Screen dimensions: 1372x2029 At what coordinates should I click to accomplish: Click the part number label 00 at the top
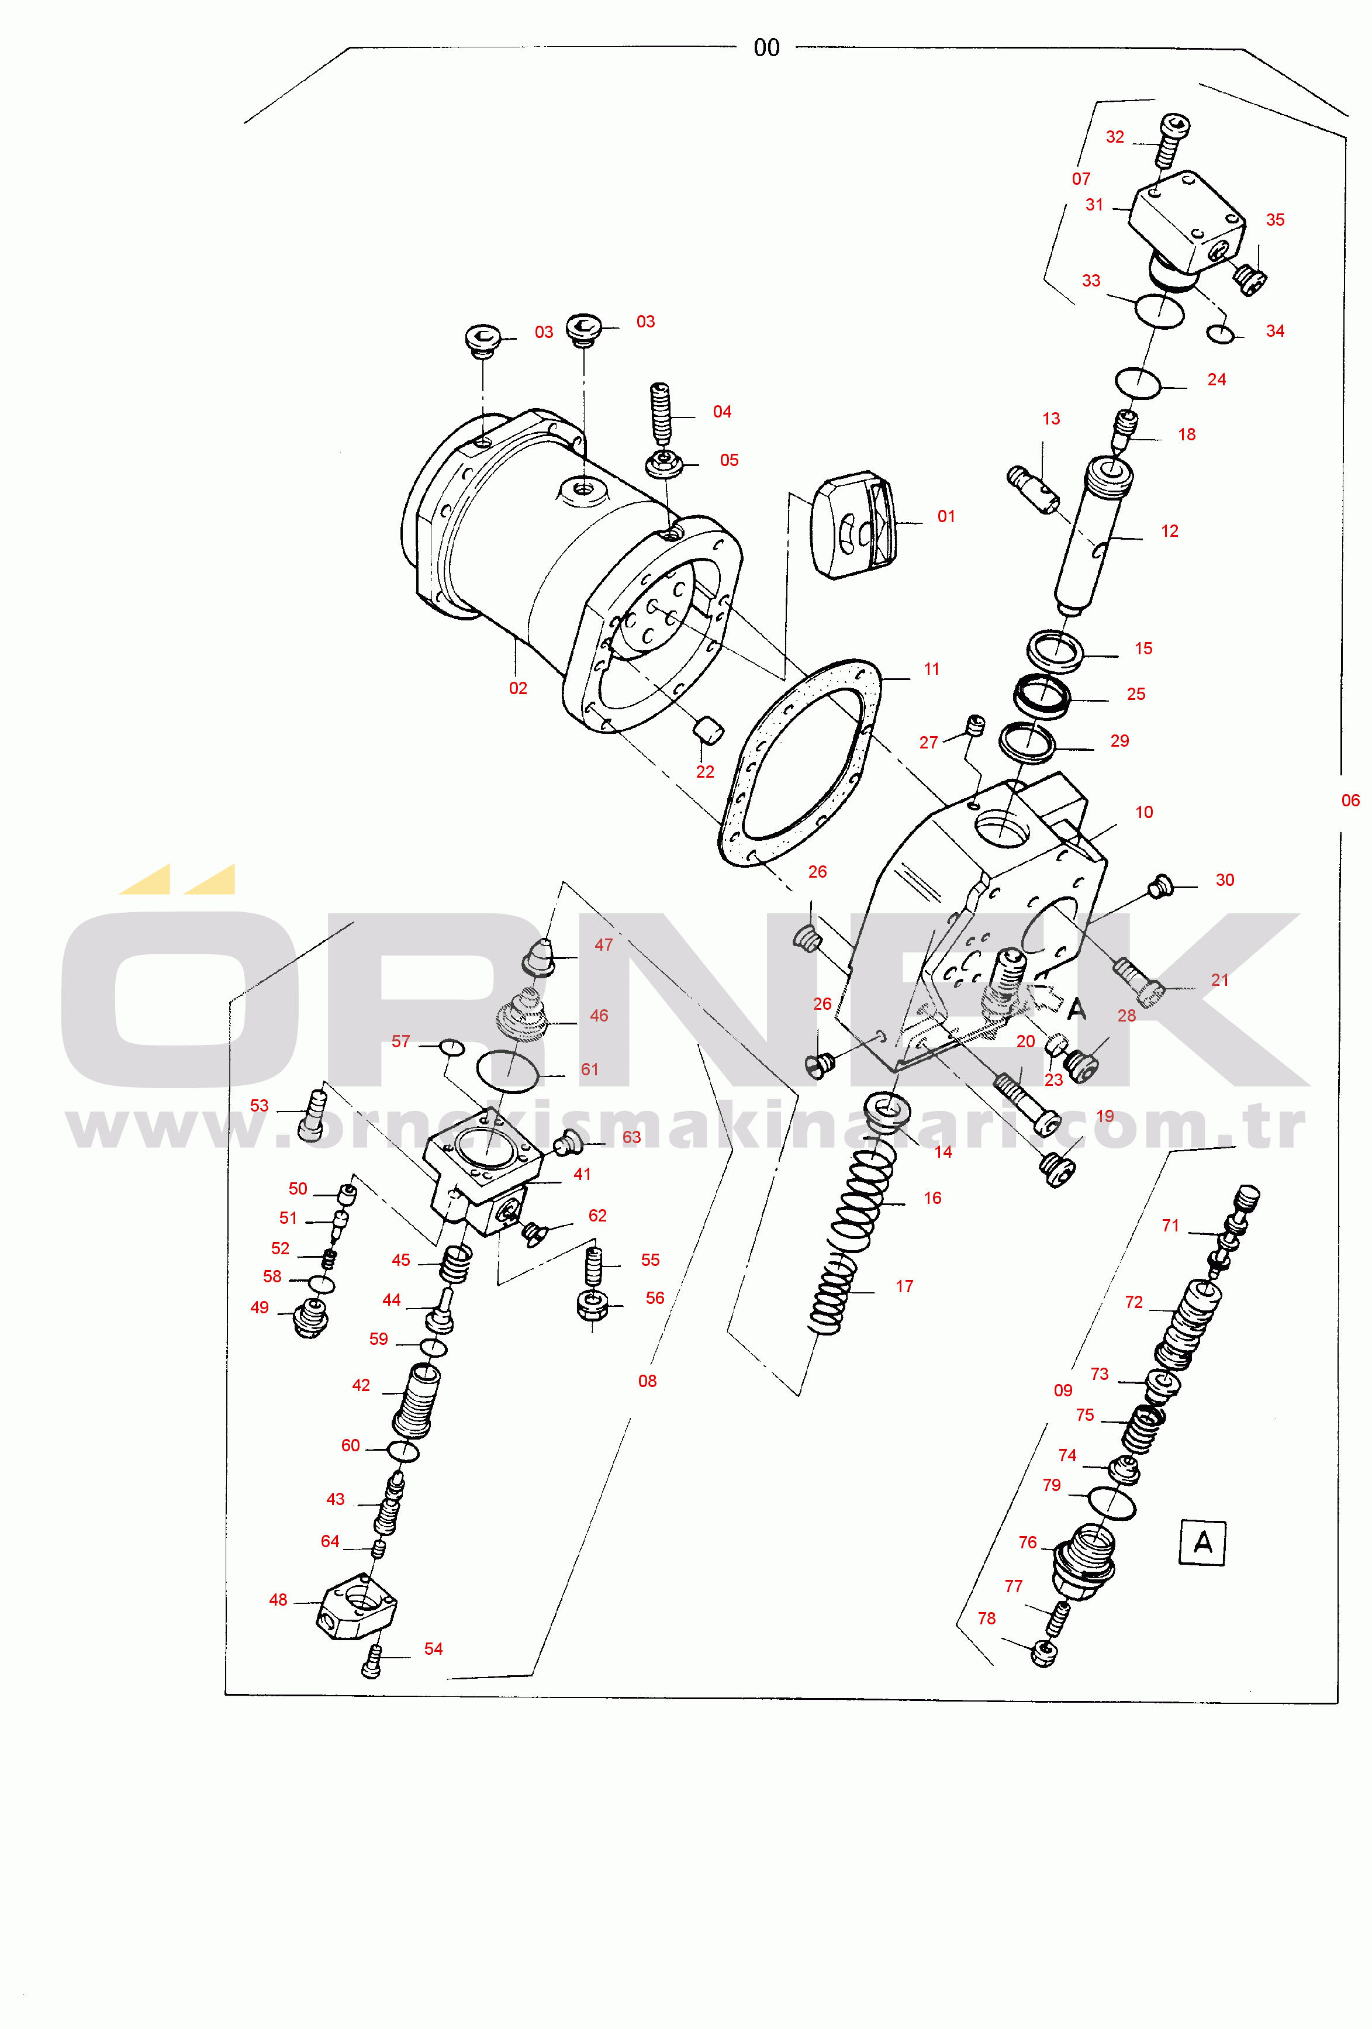point(766,48)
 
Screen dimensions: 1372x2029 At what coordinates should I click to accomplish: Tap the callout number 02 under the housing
point(517,688)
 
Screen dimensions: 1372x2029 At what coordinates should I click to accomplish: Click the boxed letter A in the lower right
point(1202,1543)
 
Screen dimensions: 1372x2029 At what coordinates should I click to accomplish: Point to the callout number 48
point(278,1599)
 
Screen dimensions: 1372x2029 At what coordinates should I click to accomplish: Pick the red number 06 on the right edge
point(1350,800)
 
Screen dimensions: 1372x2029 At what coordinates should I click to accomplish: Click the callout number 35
point(1275,220)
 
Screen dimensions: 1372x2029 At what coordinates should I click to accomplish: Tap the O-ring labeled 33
point(1159,310)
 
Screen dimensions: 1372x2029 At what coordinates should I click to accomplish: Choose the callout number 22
point(705,772)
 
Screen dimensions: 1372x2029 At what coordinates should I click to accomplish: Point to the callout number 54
point(434,1648)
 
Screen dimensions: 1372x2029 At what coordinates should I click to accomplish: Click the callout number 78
point(986,1618)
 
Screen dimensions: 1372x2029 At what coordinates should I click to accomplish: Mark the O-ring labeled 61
point(508,1071)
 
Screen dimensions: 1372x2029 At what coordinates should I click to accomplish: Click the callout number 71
point(1170,1225)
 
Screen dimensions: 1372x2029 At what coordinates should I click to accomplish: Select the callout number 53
point(259,1105)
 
